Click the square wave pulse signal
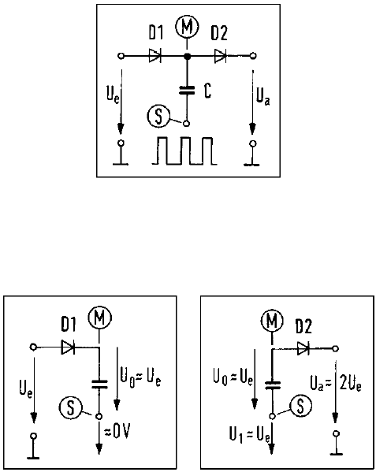click(184, 151)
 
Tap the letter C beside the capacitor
click(207, 91)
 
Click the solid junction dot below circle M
click(188, 56)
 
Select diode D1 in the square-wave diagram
click(155, 56)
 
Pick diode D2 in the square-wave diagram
click(221, 56)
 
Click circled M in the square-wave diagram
click(187, 27)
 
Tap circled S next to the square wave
click(159, 117)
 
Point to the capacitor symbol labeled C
click(188, 91)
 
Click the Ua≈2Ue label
click(336, 384)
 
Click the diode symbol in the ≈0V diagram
click(68, 347)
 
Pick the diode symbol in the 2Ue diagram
click(303, 348)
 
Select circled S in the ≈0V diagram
click(70, 408)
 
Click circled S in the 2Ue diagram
click(300, 406)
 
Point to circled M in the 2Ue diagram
click(272, 321)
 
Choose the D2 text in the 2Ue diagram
click(303, 326)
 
